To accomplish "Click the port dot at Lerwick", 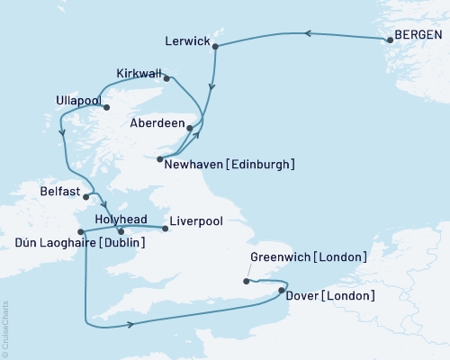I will click(216, 49).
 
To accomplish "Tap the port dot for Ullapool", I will click(107, 108).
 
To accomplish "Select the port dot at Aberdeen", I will click(188, 129).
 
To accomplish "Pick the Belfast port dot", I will click(86, 194).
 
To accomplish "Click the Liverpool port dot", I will click(165, 229).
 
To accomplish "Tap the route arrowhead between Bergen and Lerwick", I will click(306, 34).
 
